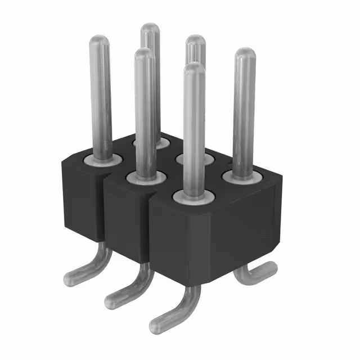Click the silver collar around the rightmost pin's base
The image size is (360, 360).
pyautogui.click(x=243, y=177)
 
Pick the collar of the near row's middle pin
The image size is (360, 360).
pyautogui.click(x=145, y=178)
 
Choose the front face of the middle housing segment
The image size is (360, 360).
pyautogui.click(x=127, y=225)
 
